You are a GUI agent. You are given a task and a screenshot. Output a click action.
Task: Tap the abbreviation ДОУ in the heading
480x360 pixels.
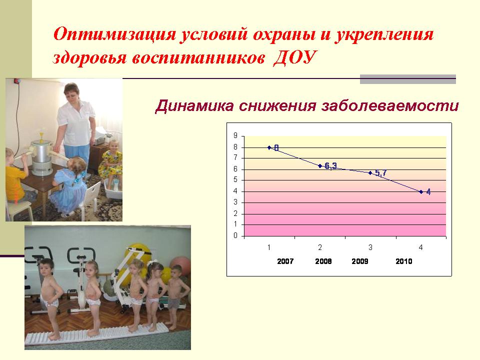click(x=294, y=57)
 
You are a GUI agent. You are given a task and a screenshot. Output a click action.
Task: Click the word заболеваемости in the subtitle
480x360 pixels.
click(x=390, y=105)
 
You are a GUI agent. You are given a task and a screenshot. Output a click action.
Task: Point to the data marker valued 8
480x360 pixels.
click(x=269, y=147)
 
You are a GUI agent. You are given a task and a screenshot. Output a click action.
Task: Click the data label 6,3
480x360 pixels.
click(x=330, y=166)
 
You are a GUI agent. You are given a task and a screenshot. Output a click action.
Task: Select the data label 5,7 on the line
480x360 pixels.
click(x=381, y=173)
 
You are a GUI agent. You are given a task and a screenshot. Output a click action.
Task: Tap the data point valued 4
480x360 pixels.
click(x=421, y=192)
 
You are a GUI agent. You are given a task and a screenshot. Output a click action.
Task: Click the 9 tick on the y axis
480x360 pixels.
click(x=235, y=135)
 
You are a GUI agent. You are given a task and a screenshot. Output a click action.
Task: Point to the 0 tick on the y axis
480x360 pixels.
click(x=235, y=235)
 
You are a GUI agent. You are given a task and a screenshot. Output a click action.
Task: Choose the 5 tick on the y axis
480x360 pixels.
click(x=235, y=179)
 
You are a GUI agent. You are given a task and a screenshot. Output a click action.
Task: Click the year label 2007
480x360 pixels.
click(x=285, y=261)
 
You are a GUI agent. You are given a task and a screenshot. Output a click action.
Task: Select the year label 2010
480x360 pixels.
click(x=404, y=261)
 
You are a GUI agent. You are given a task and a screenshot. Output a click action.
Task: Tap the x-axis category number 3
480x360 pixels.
click(x=370, y=247)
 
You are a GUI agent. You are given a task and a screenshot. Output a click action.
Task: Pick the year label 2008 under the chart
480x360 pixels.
click(x=323, y=261)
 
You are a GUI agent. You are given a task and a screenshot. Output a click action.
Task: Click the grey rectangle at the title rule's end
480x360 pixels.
click(x=408, y=79)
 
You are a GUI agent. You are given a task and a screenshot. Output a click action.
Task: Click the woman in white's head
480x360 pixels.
click(x=71, y=92)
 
